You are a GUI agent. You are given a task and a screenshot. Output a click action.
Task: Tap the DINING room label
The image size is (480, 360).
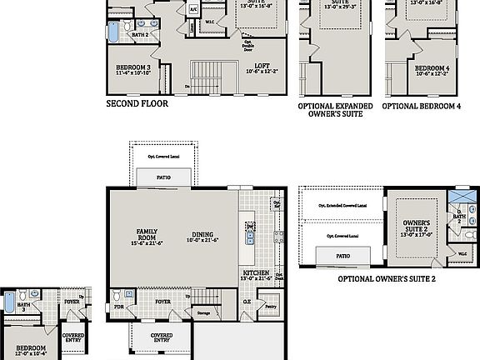[x=203, y=235]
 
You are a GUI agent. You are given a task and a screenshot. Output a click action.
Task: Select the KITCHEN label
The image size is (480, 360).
[x=255, y=274]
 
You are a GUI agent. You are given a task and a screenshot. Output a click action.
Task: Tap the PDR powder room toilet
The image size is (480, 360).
[x=126, y=294]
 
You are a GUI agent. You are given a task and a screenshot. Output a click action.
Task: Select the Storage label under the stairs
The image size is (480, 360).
[x=204, y=314]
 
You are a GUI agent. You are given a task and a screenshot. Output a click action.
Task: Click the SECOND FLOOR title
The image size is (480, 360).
[x=137, y=105]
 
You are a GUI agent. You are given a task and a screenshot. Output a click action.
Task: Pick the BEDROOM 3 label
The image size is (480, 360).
[x=133, y=69]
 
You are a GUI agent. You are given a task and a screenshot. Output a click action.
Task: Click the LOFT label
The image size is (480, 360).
[x=261, y=67]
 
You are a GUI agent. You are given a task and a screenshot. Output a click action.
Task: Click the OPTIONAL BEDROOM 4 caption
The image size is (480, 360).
[x=421, y=107]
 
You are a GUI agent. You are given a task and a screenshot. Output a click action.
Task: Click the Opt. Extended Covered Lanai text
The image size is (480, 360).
[x=341, y=205]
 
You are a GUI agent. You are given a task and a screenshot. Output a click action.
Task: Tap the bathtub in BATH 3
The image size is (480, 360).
[x=8, y=306]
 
